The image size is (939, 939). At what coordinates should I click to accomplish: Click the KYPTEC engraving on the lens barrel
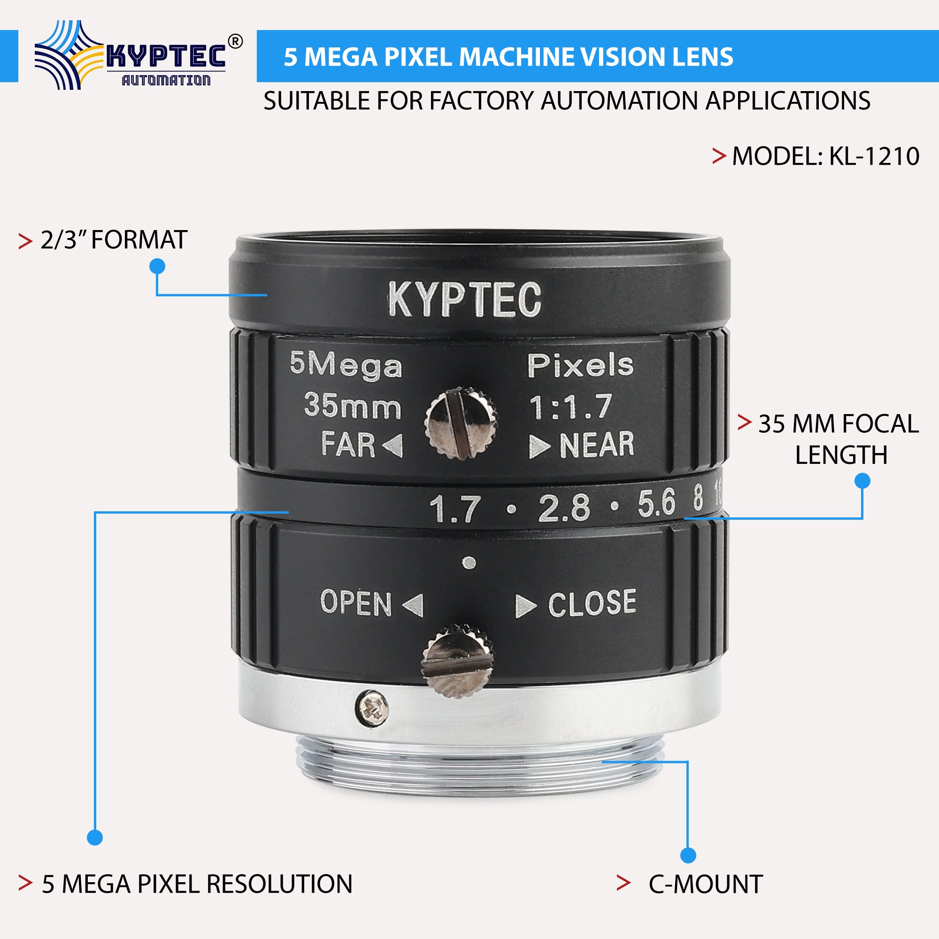pyautogui.click(x=464, y=300)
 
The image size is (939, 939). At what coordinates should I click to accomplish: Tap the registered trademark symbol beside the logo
pyautogui.click(x=235, y=42)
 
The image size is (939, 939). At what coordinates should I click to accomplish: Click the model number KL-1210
pyautogui.click(x=873, y=156)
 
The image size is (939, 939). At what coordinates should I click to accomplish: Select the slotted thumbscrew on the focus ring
pyautogui.click(x=460, y=423)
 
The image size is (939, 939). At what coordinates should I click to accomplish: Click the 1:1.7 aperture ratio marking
pyautogui.click(x=570, y=407)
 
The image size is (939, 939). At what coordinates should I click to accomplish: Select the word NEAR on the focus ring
pyautogui.click(x=597, y=445)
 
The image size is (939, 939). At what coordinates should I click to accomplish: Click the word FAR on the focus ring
pyautogui.click(x=347, y=445)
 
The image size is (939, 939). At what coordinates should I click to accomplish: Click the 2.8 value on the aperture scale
pyautogui.click(x=564, y=508)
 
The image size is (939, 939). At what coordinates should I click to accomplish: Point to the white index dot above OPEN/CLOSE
pyautogui.click(x=469, y=563)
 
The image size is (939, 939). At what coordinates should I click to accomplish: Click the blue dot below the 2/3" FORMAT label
pyautogui.click(x=157, y=266)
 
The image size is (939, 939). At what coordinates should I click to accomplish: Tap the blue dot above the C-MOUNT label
pyautogui.click(x=688, y=855)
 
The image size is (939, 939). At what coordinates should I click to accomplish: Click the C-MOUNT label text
pyautogui.click(x=705, y=884)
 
